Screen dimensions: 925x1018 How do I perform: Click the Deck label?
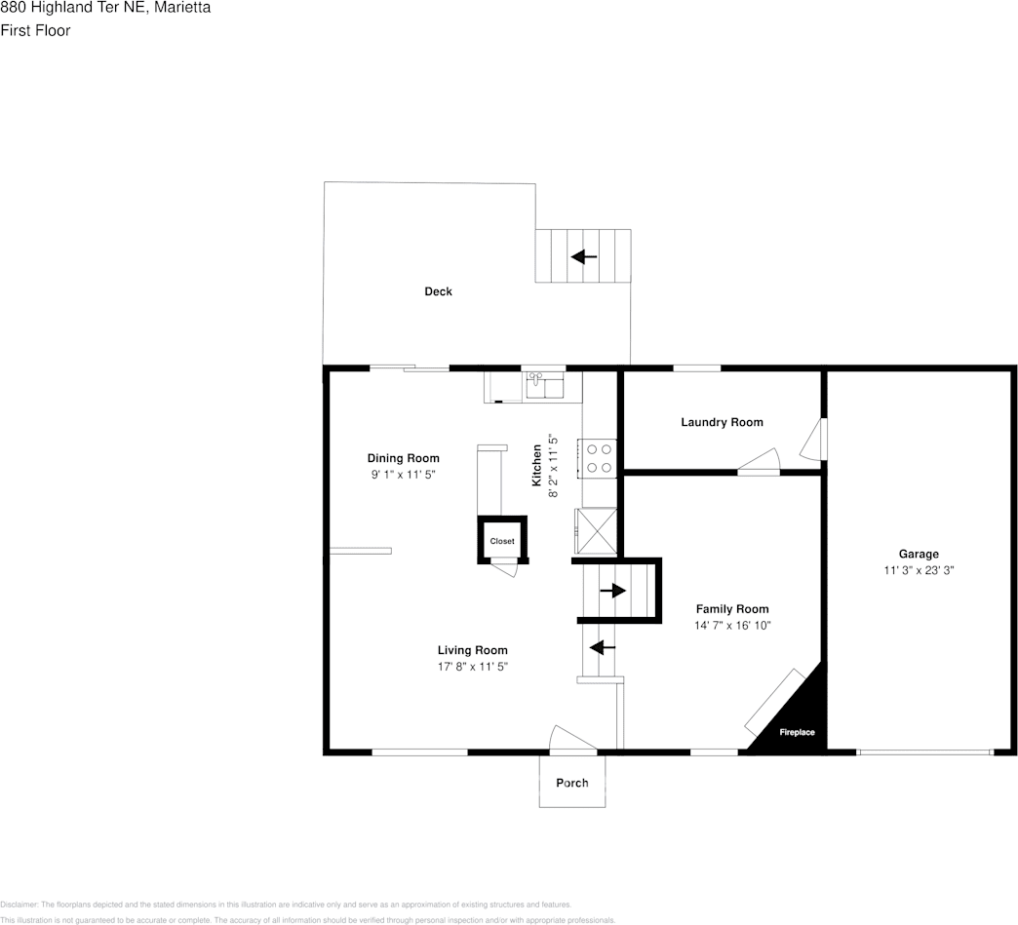438,291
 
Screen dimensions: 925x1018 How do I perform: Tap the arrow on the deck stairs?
584,257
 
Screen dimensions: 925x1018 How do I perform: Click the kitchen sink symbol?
545,387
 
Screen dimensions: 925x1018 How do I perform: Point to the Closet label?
502,541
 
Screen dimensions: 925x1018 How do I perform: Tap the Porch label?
572,783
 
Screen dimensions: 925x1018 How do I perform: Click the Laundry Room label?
722,422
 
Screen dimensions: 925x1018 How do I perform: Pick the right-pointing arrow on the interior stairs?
612,591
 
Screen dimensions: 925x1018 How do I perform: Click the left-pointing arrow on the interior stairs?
603,646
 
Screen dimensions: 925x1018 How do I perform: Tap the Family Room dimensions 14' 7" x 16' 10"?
732,626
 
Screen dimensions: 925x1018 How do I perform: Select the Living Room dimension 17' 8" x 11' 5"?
472,667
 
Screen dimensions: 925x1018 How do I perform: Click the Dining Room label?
403,458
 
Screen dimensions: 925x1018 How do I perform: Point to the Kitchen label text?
536,466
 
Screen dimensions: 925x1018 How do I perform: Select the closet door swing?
505,566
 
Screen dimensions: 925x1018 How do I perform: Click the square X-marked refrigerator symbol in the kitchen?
597,530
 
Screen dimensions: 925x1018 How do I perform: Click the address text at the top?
105,8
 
